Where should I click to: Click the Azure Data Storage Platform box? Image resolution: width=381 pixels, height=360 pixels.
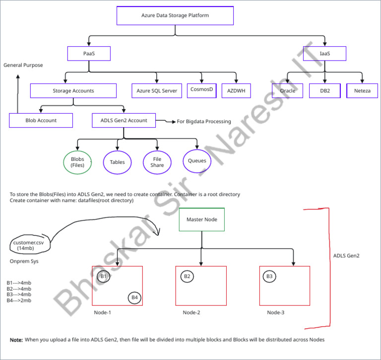click(x=175, y=15)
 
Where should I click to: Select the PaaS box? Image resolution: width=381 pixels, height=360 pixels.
click(x=89, y=53)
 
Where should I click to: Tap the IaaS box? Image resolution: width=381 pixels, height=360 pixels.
click(x=325, y=53)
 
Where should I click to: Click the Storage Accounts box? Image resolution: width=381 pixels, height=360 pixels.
click(x=73, y=91)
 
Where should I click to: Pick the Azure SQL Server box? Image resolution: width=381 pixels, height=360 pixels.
click(x=157, y=91)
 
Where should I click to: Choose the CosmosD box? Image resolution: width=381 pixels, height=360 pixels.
click(x=202, y=90)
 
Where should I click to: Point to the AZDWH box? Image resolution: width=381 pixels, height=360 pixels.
click(x=236, y=91)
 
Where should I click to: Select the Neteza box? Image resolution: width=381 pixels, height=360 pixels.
click(x=362, y=91)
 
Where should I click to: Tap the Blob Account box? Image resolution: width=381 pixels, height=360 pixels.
click(x=41, y=120)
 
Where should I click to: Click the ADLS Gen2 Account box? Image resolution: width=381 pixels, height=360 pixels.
click(x=124, y=120)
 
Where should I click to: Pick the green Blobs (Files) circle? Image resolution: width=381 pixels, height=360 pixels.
click(x=77, y=162)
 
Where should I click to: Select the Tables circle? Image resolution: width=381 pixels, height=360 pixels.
click(x=117, y=162)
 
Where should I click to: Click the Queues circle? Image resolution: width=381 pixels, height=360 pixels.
click(x=197, y=161)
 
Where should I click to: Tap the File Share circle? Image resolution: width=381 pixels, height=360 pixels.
click(x=157, y=162)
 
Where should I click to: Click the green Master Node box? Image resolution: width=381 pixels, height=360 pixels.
click(x=201, y=219)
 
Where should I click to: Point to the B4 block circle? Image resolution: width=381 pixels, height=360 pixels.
click(x=134, y=298)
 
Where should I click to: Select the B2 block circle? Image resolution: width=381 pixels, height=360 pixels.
click(x=187, y=276)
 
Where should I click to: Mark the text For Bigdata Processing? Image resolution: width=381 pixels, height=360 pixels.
click(x=204, y=121)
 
